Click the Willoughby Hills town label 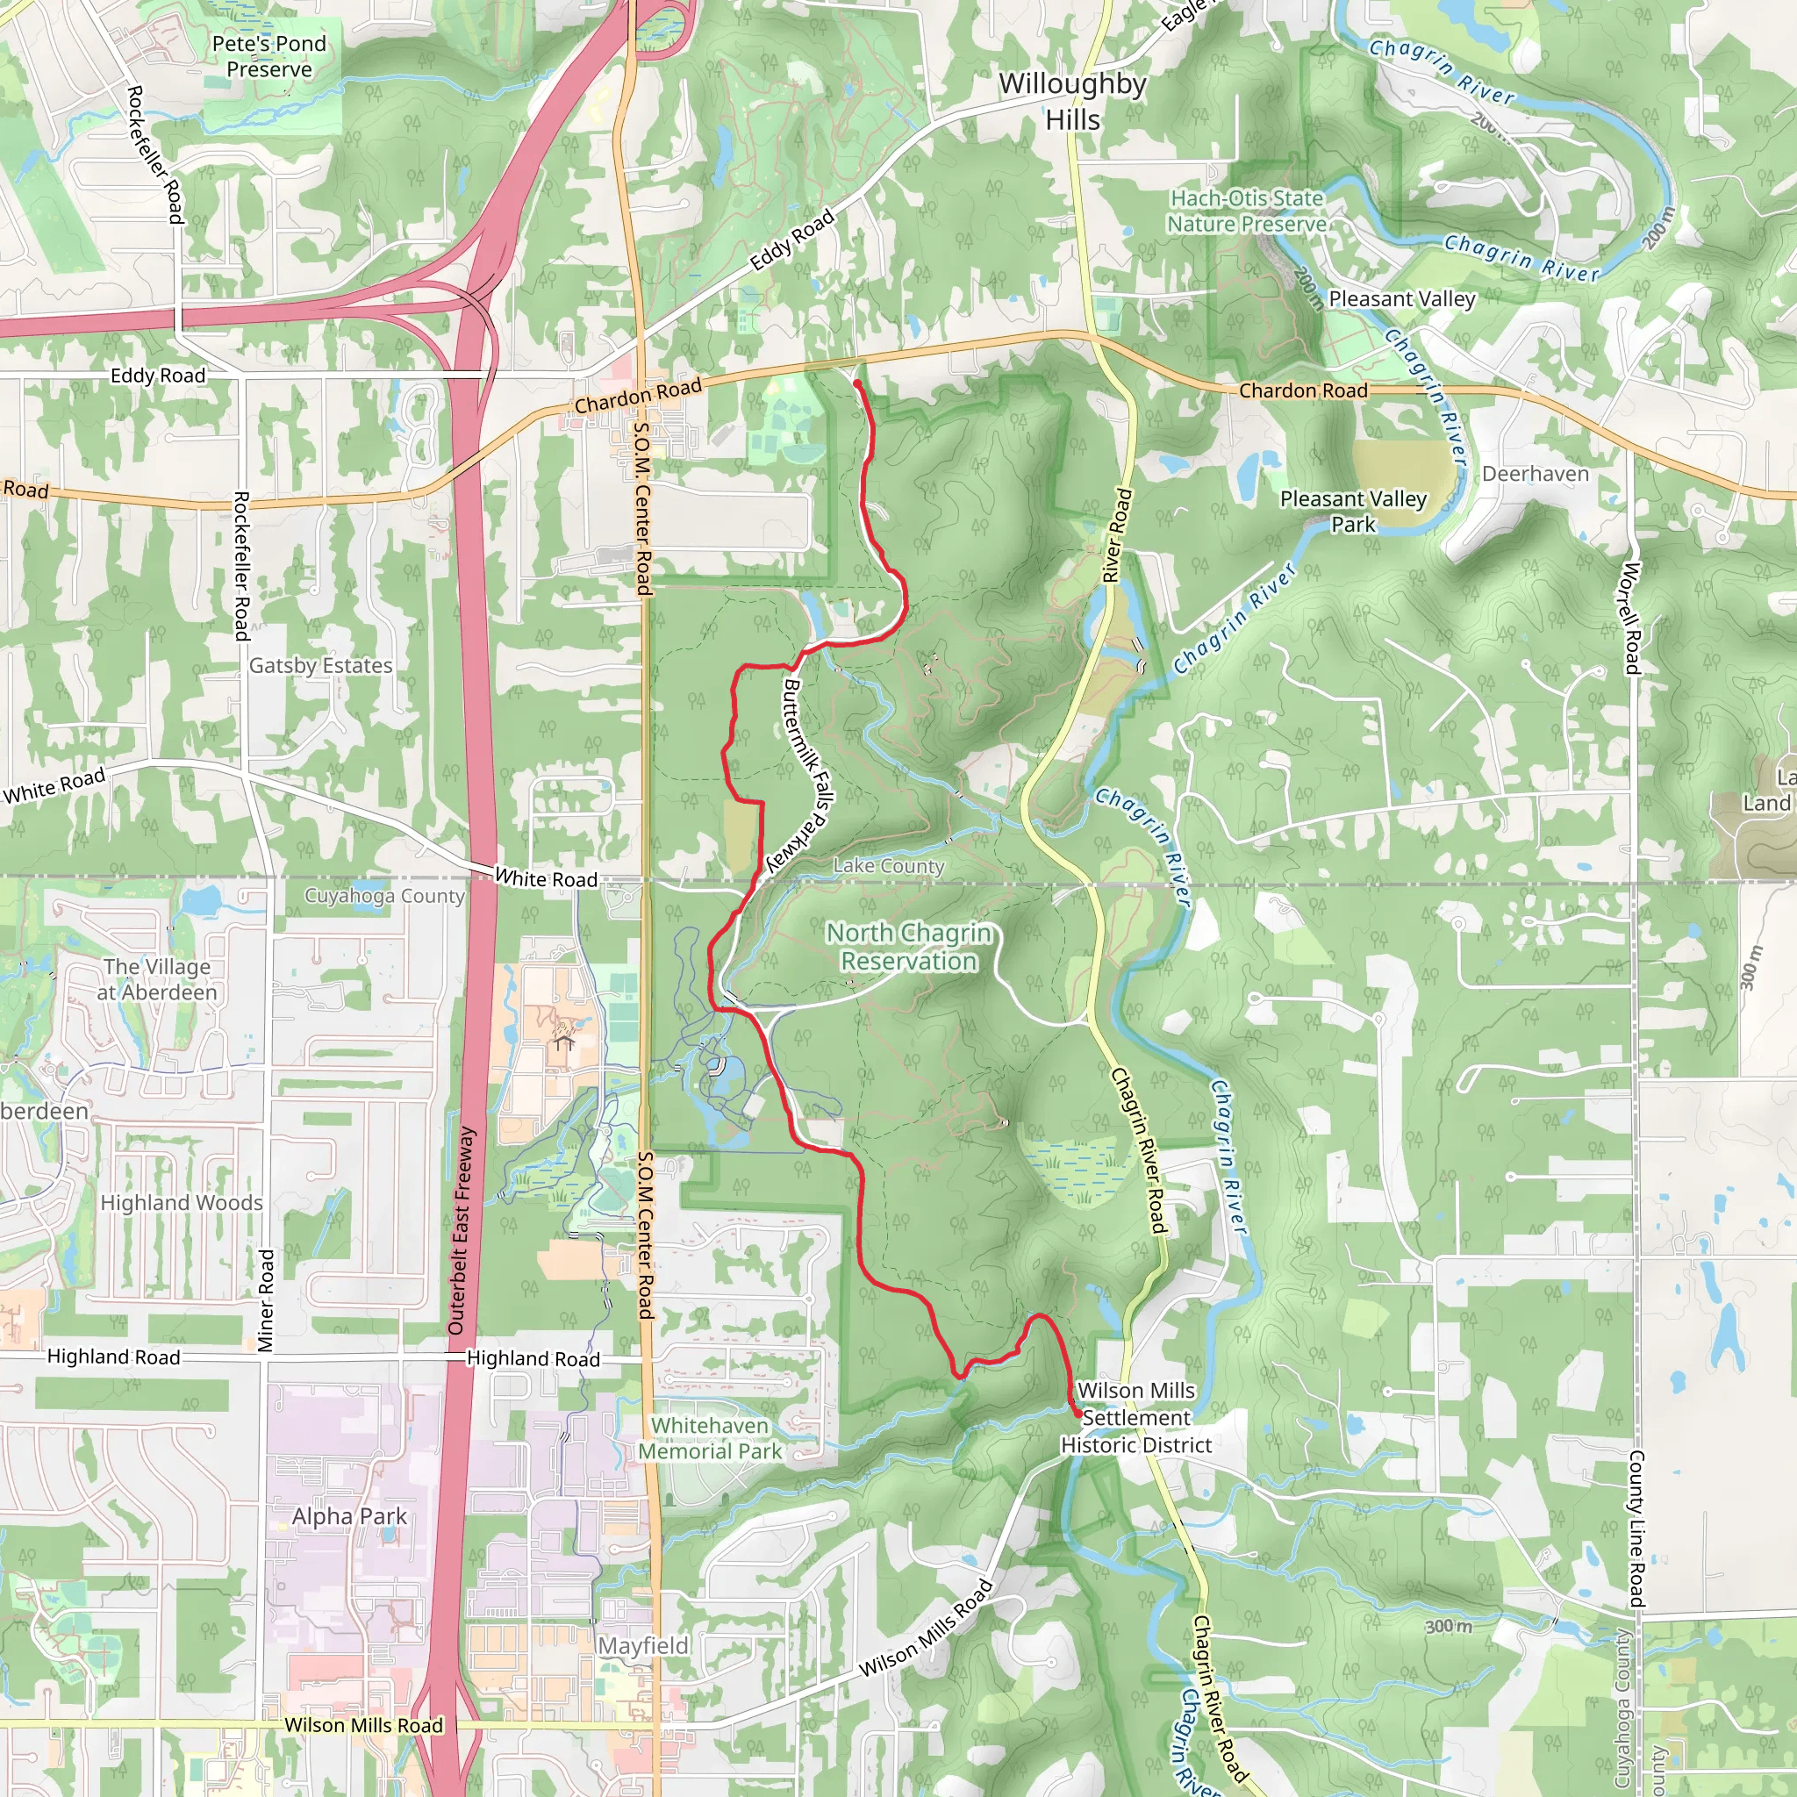(x=1072, y=102)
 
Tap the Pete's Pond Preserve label (x=268, y=57)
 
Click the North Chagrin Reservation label (x=909, y=947)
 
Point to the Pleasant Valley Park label (x=1352, y=512)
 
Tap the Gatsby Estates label (x=321, y=666)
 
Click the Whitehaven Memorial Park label (x=710, y=1438)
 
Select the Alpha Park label (x=349, y=1517)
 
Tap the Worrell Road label (x=1631, y=619)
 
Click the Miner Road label (x=266, y=1301)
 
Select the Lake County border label (x=888, y=866)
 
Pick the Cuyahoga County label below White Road (x=384, y=896)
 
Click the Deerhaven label (x=1535, y=475)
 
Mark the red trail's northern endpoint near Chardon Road (x=856, y=383)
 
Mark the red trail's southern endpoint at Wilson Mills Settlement (x=1078, y=1414)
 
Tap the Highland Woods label (x=182, y=1204)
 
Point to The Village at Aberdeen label (x=157, y=979)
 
